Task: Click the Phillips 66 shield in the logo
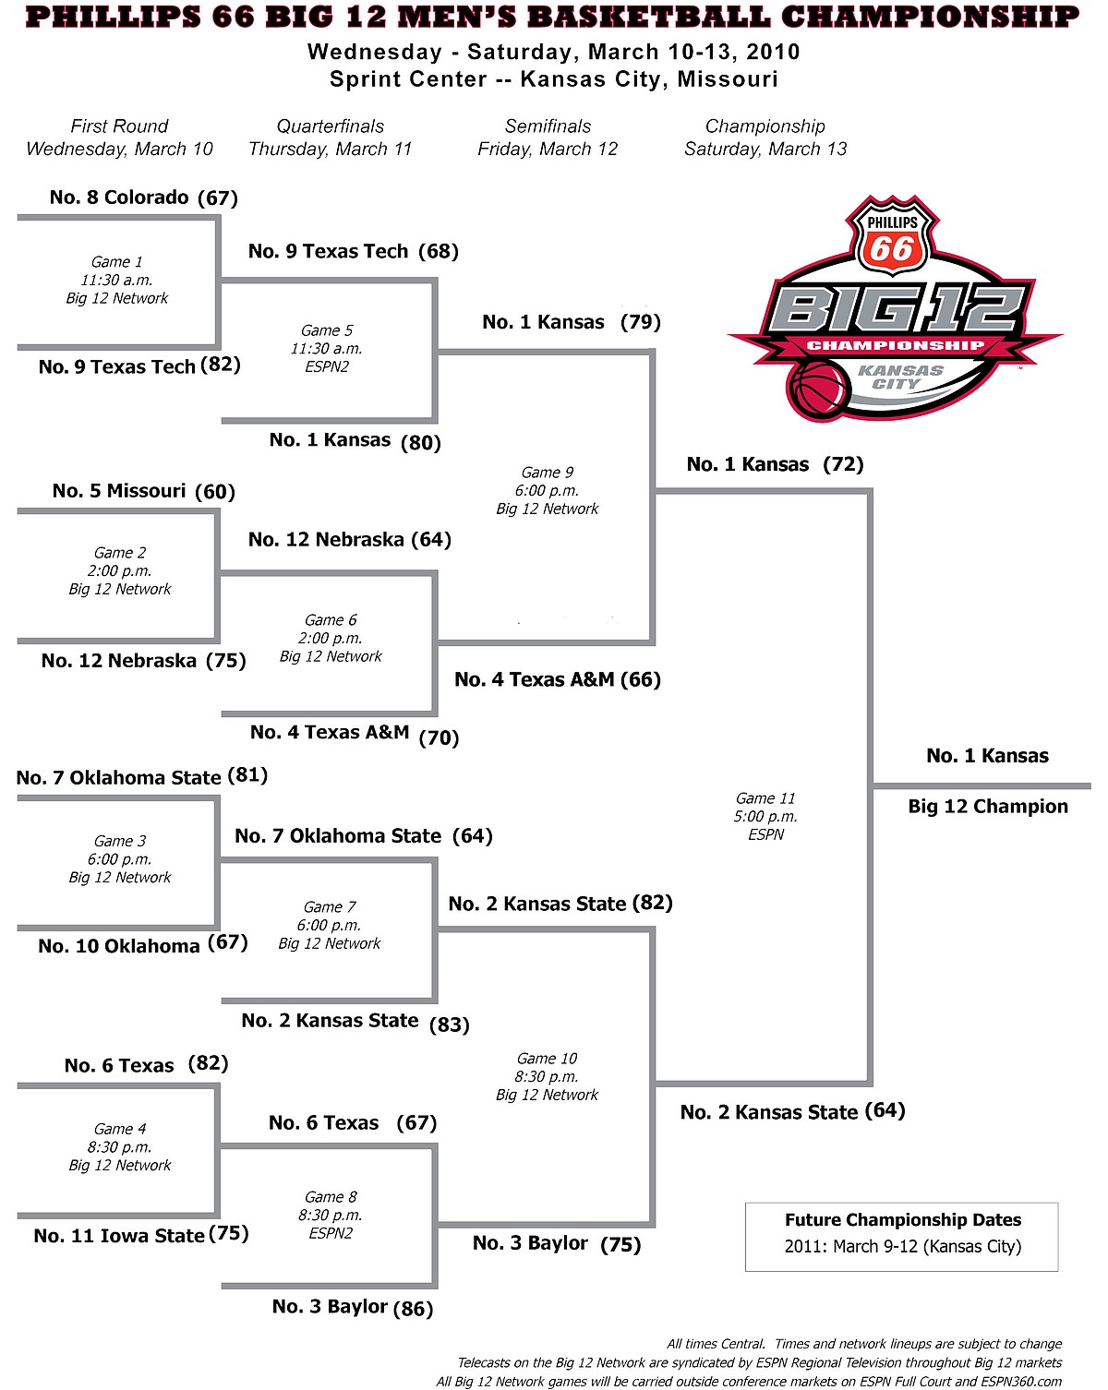click(x=892, y=237)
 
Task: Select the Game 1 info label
click(x=116, y=280)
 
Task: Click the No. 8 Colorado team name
click(x=119, y=198)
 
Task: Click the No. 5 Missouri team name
click(x=119, y=491)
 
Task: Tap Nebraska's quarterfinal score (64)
click(x=431, y=539)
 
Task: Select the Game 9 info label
click(x=547, y=490)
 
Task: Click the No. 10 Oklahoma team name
click(x=118, y=946)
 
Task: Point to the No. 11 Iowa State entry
click(x=119, y=1236)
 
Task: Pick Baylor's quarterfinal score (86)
click(x=413, y=1308)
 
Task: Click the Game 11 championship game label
click(x=765, y=816)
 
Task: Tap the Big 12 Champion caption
click(x=988, y=807)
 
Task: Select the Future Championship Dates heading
click(x=902, y=1220)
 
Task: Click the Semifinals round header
click(x=548, y=126)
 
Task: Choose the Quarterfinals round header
click(x=331, y=126)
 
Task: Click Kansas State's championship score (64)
click(x=885, y=1110)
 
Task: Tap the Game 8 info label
click(x=331, y=1215)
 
